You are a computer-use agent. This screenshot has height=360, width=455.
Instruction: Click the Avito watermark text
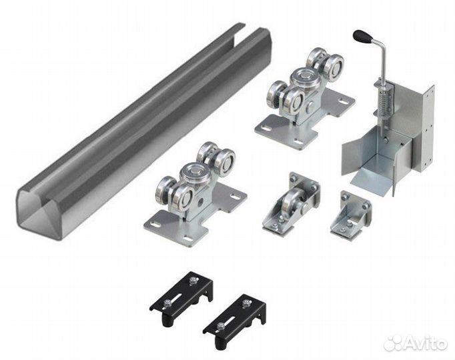(426, 343)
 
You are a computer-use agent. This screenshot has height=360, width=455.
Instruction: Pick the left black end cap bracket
(181, 299)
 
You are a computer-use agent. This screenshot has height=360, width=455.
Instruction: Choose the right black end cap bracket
(234, 322)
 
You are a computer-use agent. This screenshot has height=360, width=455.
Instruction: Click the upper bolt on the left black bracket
(192, 281)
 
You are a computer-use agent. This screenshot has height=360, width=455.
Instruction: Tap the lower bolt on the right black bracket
(221, 327)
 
